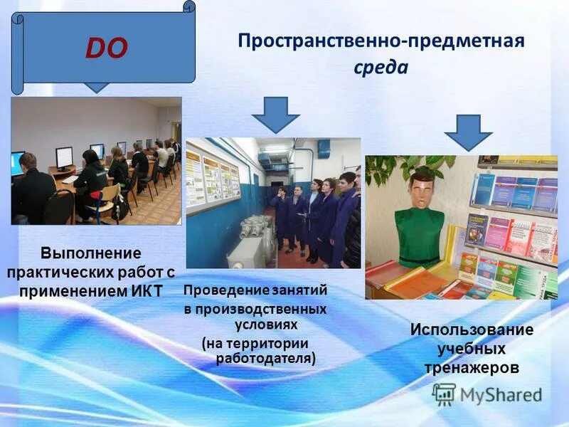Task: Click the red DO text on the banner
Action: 106,48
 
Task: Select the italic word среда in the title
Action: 381,68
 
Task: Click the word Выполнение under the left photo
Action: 90,253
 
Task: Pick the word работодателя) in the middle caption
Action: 265,358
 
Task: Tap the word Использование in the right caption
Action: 471,330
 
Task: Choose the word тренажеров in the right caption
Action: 472,367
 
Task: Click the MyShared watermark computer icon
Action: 444,394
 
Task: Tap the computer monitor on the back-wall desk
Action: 64,157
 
